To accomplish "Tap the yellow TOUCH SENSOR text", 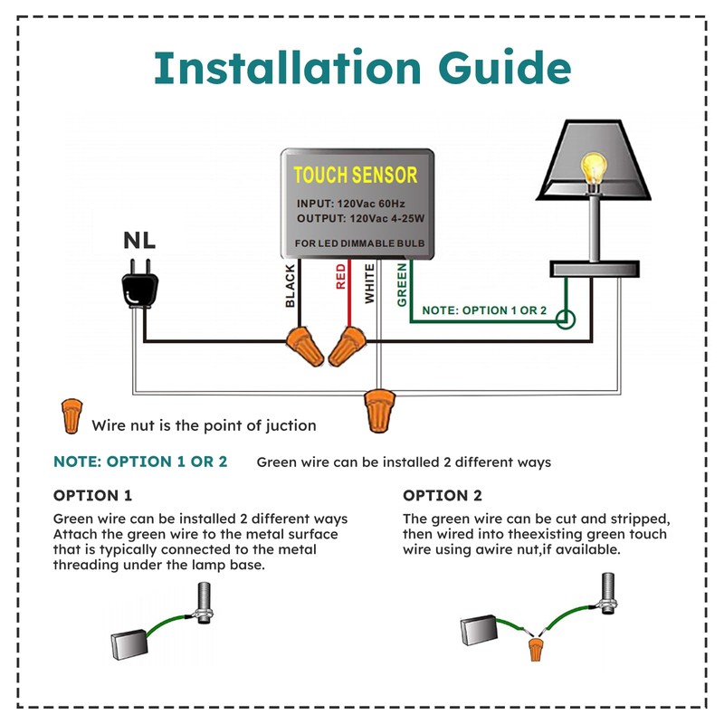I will (355, 175).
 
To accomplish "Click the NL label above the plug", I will (139, 242).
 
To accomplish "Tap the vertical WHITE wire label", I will (369, 283).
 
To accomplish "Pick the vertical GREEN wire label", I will (402, 284).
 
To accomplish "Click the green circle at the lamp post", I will (566, 319).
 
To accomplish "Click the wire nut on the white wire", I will (378, 409).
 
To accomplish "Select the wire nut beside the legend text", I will (71, 416).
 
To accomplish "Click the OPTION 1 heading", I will (92, 495).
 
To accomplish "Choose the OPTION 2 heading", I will (443, 495).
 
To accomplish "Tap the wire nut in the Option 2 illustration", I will (538, 647).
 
